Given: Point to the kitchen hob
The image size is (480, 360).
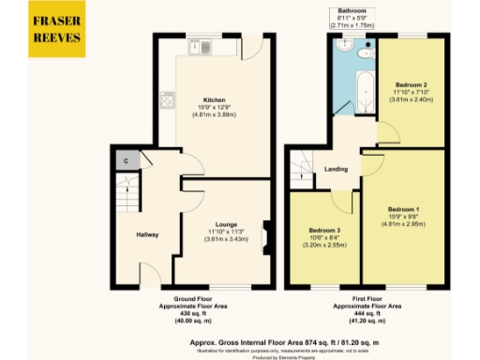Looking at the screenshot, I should click(166, 97).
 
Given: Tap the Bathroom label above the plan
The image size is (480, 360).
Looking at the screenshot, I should click(352, 11).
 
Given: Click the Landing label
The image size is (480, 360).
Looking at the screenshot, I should click(337, 169).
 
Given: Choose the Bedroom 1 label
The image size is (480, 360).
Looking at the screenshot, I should click(404, 207).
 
